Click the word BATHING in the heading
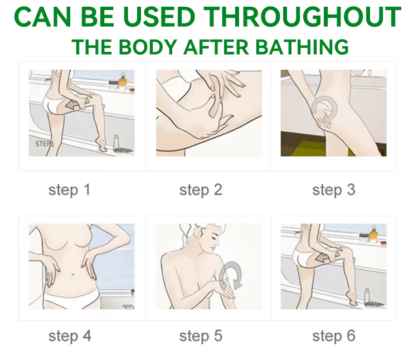point(302,47)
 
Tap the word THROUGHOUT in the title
point(302,17)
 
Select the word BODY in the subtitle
point(148,47)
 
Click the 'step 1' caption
point(69,190)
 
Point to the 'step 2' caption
point(201,190)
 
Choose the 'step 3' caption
point(333,190)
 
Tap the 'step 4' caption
point(70,335)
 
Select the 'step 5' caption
point(201,335)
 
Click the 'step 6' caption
point(333,335)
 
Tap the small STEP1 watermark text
point(45,144)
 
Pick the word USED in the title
point(159,17)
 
